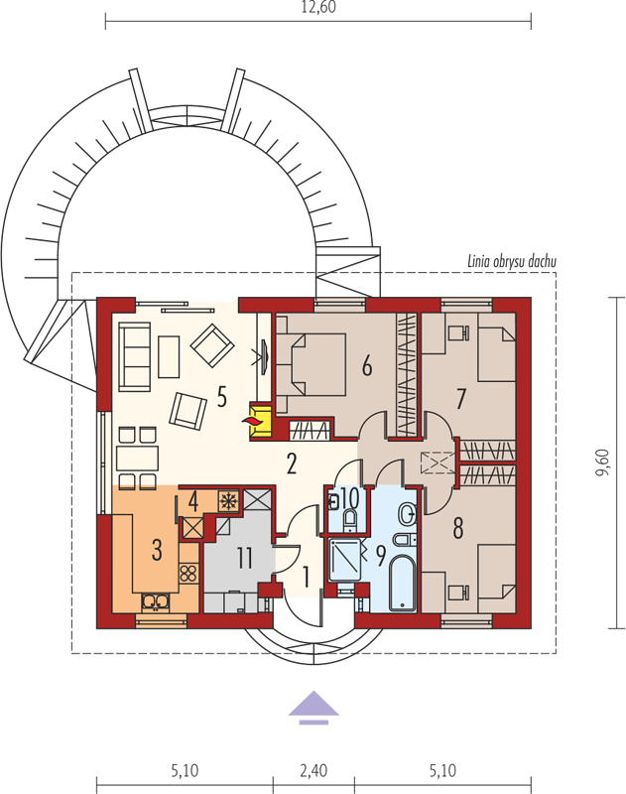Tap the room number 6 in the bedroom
coord(367,365)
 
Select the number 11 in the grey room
coord(245,558)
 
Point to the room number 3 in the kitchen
coord(157,550)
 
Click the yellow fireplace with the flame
coord(261,420)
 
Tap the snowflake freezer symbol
coord(229,501)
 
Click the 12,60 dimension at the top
coord(318,8)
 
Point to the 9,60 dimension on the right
coord(603,463)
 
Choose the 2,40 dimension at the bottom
coord(313,771)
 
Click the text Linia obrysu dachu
coord(512,261)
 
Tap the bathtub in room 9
coord(403,583)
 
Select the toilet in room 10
coord(349,519)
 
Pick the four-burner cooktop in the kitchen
coord(188,573)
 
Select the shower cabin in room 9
coord(344,560)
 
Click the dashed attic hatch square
coord(438,463)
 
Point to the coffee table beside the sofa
coord(169,357)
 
